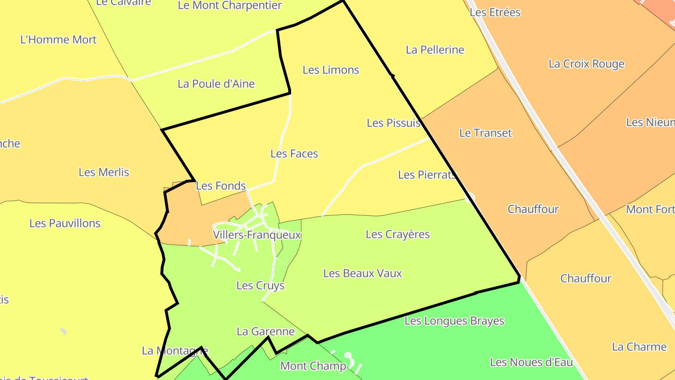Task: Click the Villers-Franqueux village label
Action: coord(257,235)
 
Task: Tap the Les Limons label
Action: coord(331,70)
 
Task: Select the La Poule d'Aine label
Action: coord(216,84)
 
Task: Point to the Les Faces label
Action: coord(294,153)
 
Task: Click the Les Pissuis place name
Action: coord(393,123)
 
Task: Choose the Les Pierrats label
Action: coord(427,175)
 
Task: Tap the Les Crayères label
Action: coord(397,234)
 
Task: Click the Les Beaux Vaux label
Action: coord(363,273)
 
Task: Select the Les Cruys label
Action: coord(260,285)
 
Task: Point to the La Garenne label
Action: coord(266,332)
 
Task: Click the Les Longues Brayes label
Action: coord(454,321)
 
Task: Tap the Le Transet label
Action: coord(486,133)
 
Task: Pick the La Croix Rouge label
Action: coord(586,64)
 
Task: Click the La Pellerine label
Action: coord(435,50)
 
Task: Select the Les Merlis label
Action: coord(104,172)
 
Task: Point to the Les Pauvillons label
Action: coord(65,223)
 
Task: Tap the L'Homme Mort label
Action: coord(59,39)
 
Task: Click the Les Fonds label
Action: coord(221,186)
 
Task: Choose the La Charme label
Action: coord(639,347)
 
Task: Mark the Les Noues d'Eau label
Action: coord(532,362)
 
